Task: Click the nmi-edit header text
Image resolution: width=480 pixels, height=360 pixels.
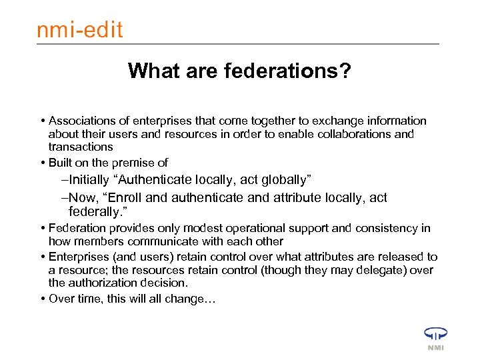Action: [79, 30]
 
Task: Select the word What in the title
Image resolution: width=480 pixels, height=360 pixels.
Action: [153, 70]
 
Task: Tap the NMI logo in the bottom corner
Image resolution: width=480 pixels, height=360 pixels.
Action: [435, 338]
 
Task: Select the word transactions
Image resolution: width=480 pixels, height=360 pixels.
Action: [81, 146]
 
